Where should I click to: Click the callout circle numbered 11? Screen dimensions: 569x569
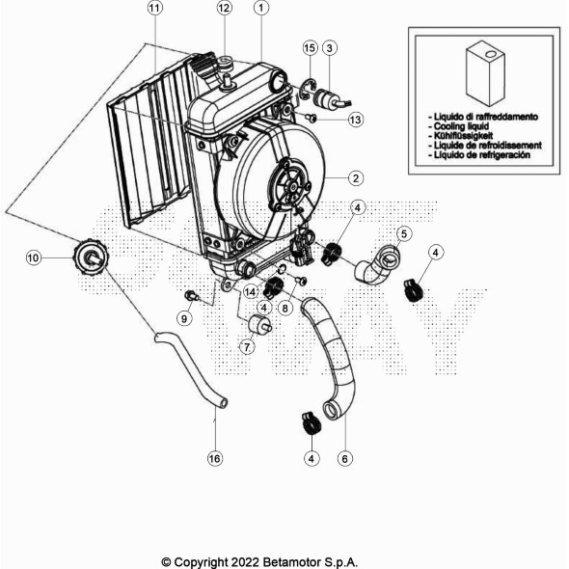click(x=155, y=8)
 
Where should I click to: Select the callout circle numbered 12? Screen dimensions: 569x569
click(x=224, y=8)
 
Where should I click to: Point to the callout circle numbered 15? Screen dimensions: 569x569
click(x=310, y=47)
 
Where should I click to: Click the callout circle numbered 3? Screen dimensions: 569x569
click(x=330, y=47)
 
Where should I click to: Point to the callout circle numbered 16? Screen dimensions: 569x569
click(x=215, y=458)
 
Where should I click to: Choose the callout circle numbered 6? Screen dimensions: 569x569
click(x=343, y=459)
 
